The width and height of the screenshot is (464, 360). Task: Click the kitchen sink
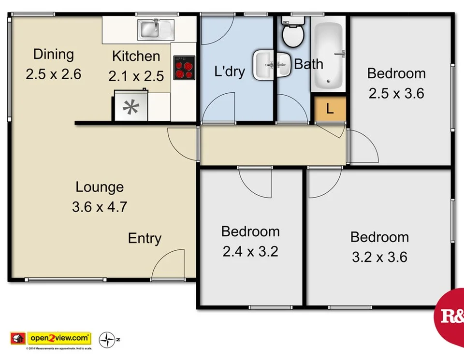pyautogui.click(x=153, y=29)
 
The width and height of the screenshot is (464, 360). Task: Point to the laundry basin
pyautogui.click(x=265, y=64)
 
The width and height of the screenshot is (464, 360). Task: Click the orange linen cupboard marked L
pyautogui.click(x=330, y=109)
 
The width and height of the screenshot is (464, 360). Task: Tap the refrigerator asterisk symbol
pyautogui.click(x=130, y=108)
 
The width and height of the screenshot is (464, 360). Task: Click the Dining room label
pyautogui.click(x=53, y=54)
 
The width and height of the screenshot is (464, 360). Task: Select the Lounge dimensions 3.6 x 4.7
pyautogui.click(x=100, y=207)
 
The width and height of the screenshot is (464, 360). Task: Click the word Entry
pyautogui.click(x=145, y=238)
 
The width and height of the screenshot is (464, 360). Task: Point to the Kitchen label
pyautogui.click(x=136, y=56)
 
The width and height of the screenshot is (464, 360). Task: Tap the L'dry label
pyautogui.click(x=230, y=72)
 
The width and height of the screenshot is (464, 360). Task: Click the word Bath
pyautogui.click(x=309, y=64)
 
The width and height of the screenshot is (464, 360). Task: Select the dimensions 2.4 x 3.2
pyautogui.click(x=250, y=251)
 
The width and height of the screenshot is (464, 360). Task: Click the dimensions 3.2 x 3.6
pyautogui.click(x=379, y=257)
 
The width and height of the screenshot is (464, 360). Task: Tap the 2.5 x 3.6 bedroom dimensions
pyautogui.click(x=396, y=93)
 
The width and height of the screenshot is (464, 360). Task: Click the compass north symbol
pyautogui.click(x=106, y=340)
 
